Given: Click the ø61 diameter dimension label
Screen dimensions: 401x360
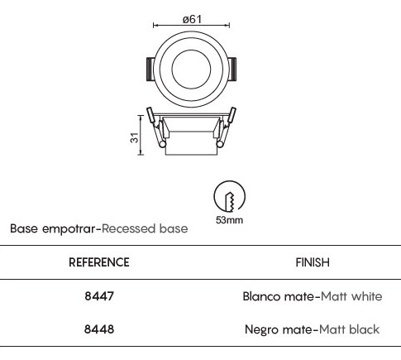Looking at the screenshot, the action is [x=192, y=19].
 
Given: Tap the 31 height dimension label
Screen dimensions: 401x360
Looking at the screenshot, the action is [x=134, y=137].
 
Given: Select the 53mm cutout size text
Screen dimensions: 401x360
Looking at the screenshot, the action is [x=229, y=220].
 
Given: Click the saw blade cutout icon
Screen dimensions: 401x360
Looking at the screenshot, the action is [x=229, y=196].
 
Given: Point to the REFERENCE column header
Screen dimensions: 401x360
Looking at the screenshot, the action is [x=99, y=262].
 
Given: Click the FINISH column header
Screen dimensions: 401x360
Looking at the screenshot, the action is [x=313, y=262].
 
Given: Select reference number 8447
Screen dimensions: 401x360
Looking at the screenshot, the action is [x=99, y=296].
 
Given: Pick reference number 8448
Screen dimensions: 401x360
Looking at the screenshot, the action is [x=99, y=329].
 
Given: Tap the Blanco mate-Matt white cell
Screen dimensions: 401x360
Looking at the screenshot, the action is [x=313, y=296].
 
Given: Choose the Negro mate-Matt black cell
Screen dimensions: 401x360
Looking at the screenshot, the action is [x=313, y=329].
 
